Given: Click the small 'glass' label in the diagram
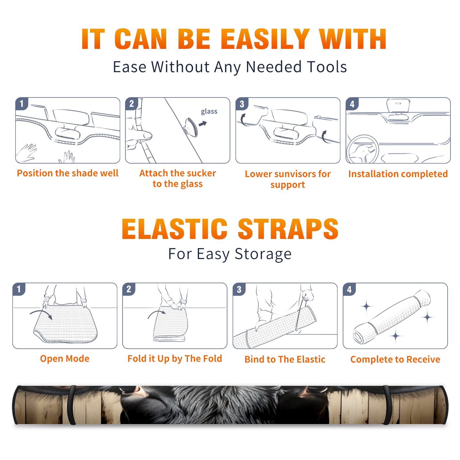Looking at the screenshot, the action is point(209,112).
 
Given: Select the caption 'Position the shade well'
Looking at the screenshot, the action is point(68,173).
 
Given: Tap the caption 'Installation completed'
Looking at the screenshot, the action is point(398,174).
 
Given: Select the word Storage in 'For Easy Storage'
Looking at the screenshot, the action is point(263,254).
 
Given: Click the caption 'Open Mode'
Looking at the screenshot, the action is point(65,359).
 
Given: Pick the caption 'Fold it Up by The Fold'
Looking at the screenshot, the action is point(175,359).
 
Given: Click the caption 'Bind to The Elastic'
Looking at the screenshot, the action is point(285,359).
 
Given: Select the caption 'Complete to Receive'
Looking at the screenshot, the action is point(395,359).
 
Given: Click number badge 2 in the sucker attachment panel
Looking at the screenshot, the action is point(132,103).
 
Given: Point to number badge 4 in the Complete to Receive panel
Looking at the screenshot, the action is point(349,289).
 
